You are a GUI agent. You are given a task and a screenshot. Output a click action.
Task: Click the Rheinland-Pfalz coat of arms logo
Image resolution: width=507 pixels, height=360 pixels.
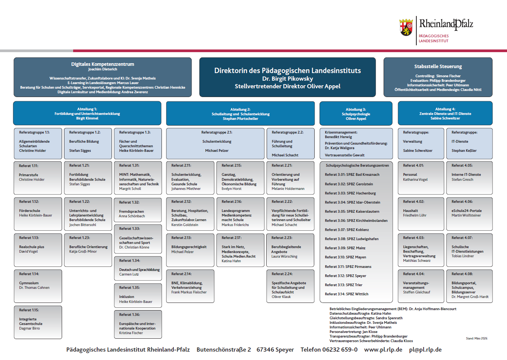(x=406, y=27)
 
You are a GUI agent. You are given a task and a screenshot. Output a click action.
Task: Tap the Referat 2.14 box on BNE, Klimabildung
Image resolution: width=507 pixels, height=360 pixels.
(x=190, y=286)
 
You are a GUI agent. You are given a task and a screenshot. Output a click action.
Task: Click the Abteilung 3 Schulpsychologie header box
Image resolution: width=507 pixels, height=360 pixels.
(x=356, y=113)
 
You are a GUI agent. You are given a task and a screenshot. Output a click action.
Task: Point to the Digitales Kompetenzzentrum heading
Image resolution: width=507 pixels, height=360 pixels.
(x=102, y=64)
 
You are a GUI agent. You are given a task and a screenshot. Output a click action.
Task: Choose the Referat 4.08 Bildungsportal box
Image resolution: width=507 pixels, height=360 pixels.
(x=469, y=286)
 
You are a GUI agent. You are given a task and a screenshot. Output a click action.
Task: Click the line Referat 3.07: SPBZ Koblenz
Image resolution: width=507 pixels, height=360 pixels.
(x=347, y=230)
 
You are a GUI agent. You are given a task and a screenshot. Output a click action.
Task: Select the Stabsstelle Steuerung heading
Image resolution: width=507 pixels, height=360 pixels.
(x=438, y=67)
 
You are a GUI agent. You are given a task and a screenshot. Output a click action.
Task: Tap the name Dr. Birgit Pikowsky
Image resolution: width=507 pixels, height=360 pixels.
(x=288, y=79)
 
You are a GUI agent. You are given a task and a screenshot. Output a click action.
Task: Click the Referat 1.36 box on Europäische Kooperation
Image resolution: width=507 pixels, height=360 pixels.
(x=138, y=324)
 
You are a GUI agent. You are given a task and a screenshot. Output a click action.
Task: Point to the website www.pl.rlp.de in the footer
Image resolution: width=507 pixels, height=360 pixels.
(x=383, y=350)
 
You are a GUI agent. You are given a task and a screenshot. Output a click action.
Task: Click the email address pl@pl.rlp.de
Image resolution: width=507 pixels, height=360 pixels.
(x=425, y=350)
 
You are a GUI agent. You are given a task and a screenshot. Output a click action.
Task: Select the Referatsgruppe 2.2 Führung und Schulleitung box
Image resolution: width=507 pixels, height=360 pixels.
(x=290, y=143)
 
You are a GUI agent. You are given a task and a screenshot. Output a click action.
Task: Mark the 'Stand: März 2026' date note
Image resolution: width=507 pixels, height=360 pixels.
(x=477, y=338)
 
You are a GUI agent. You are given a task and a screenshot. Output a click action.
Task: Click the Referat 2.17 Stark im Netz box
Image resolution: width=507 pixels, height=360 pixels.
(x=240, y=250)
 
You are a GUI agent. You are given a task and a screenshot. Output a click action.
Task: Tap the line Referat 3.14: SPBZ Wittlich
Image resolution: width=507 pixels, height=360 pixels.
(x=347, y=294)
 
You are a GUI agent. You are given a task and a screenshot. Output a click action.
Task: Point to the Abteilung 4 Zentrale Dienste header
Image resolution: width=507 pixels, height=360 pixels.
(x=445, y=113)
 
